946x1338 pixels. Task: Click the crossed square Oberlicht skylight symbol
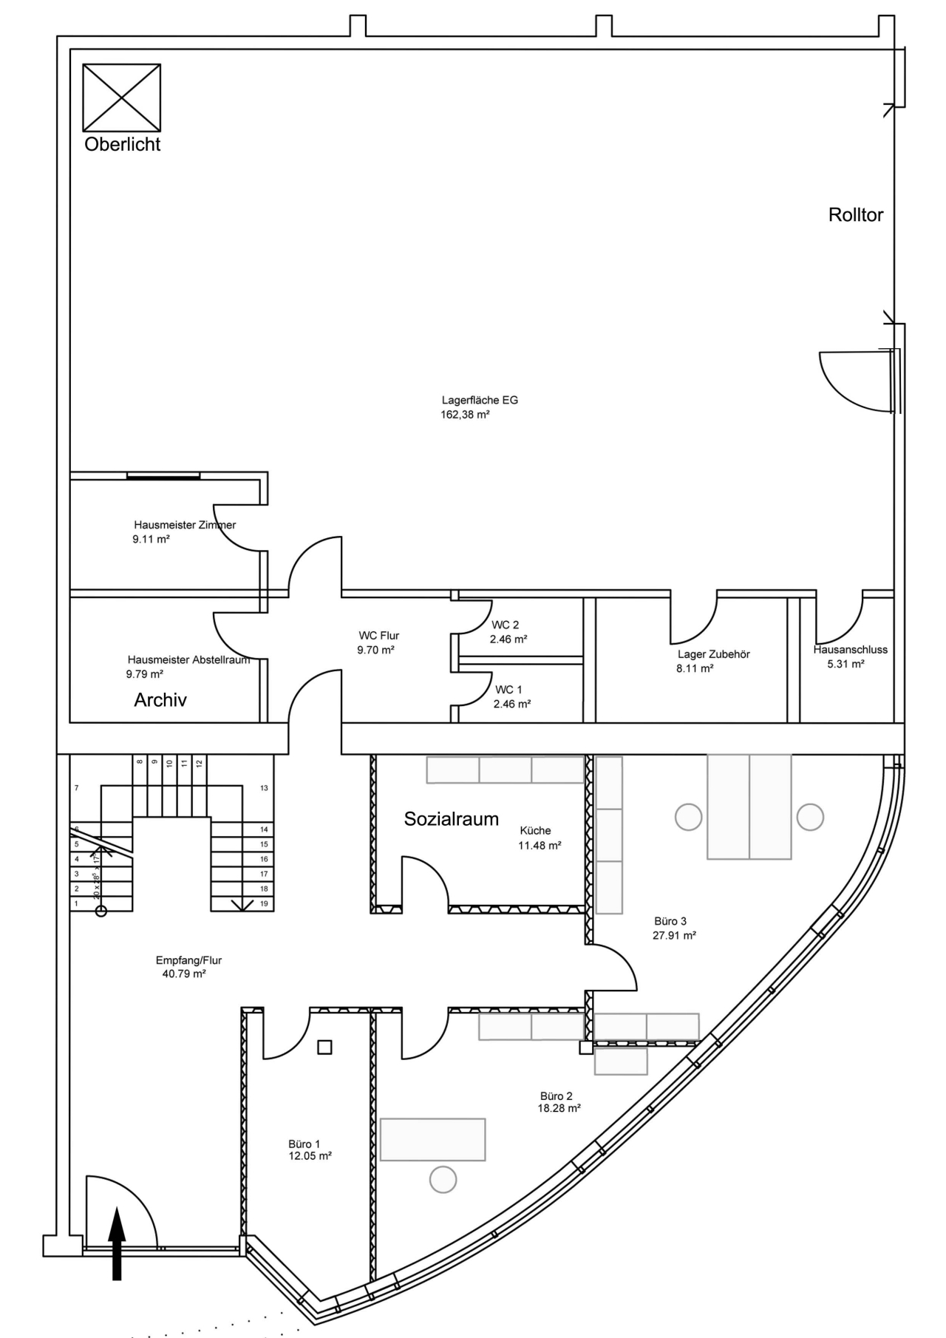coord(121,98)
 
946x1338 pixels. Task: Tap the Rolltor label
coord(855,215)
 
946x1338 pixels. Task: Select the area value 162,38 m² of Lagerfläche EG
coord(465,415)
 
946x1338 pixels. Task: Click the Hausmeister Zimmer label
coord(185,525)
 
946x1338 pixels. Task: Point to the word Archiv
coord(160,700)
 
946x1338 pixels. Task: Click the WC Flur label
coord(378,636)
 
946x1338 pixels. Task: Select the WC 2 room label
coord(505,625)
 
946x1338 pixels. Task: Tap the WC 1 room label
coord(508,690)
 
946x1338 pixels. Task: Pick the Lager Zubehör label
coord(713,654)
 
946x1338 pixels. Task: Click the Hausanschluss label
coord(850,650)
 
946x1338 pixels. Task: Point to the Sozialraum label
coord(451,819)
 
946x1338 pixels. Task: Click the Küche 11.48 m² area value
coord(540,846)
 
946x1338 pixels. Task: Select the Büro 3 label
coord(670,921)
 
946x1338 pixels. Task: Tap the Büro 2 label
coord(556,1096)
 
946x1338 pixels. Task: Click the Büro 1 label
coord(304,1144)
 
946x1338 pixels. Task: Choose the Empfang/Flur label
coord(188,960)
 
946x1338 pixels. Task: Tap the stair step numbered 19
coord(264,904)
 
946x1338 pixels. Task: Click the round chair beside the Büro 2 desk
coord(443,1179)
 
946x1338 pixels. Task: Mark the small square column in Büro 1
coord(324,1047)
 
